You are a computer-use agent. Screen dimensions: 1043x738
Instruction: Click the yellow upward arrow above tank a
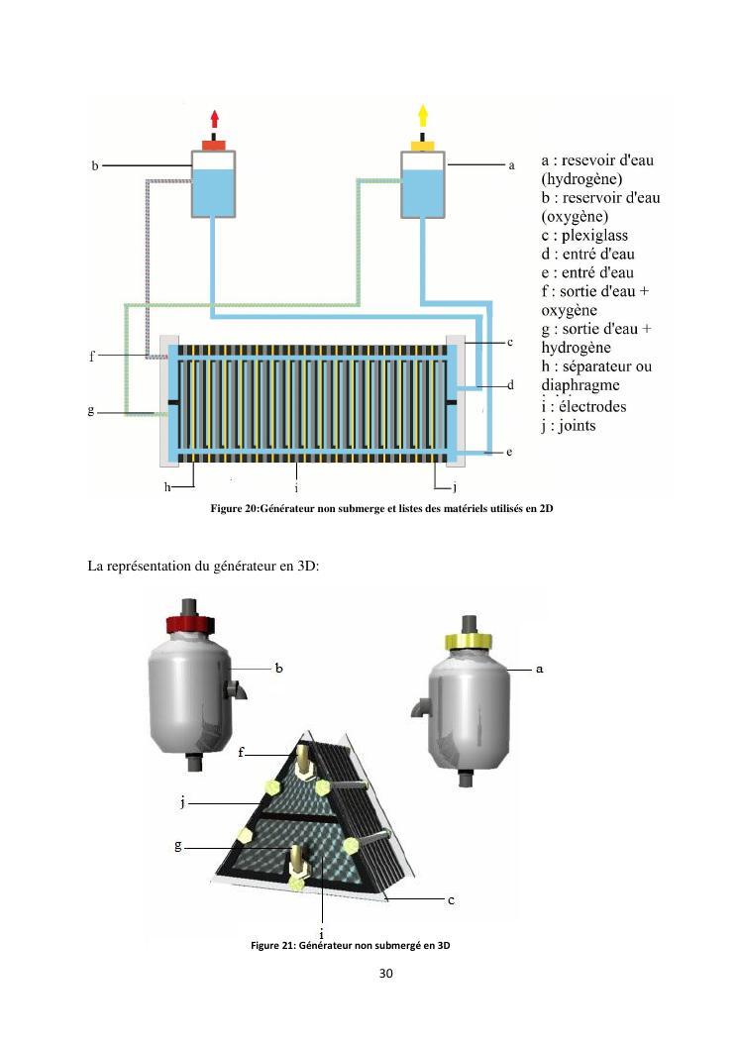423,116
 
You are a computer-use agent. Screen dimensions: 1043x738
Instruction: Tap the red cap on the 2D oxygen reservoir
214,146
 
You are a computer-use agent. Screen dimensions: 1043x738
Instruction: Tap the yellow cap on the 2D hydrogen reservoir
423,146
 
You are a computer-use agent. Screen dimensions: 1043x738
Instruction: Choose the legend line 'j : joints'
569,426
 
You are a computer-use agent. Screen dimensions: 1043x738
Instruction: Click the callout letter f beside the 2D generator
92,356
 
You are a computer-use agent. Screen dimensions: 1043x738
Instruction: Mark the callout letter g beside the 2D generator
91,411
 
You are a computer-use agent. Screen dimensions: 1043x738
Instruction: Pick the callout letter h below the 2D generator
168,487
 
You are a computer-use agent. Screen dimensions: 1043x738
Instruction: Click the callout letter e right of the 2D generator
509,452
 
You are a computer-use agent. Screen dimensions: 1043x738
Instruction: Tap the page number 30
385,974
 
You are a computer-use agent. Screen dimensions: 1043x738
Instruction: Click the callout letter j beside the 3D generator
183,802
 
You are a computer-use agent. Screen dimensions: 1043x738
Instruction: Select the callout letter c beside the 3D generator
451,899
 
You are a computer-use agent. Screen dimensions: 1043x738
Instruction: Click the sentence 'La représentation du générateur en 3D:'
197,566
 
